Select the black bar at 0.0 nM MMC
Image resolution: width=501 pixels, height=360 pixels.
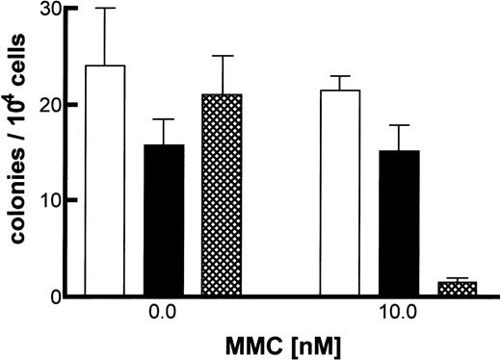click(x=164, y=220)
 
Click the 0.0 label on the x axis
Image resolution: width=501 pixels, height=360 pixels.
click(x=164, y=315)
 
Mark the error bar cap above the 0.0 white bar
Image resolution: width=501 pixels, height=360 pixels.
click(x=105, y=9)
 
